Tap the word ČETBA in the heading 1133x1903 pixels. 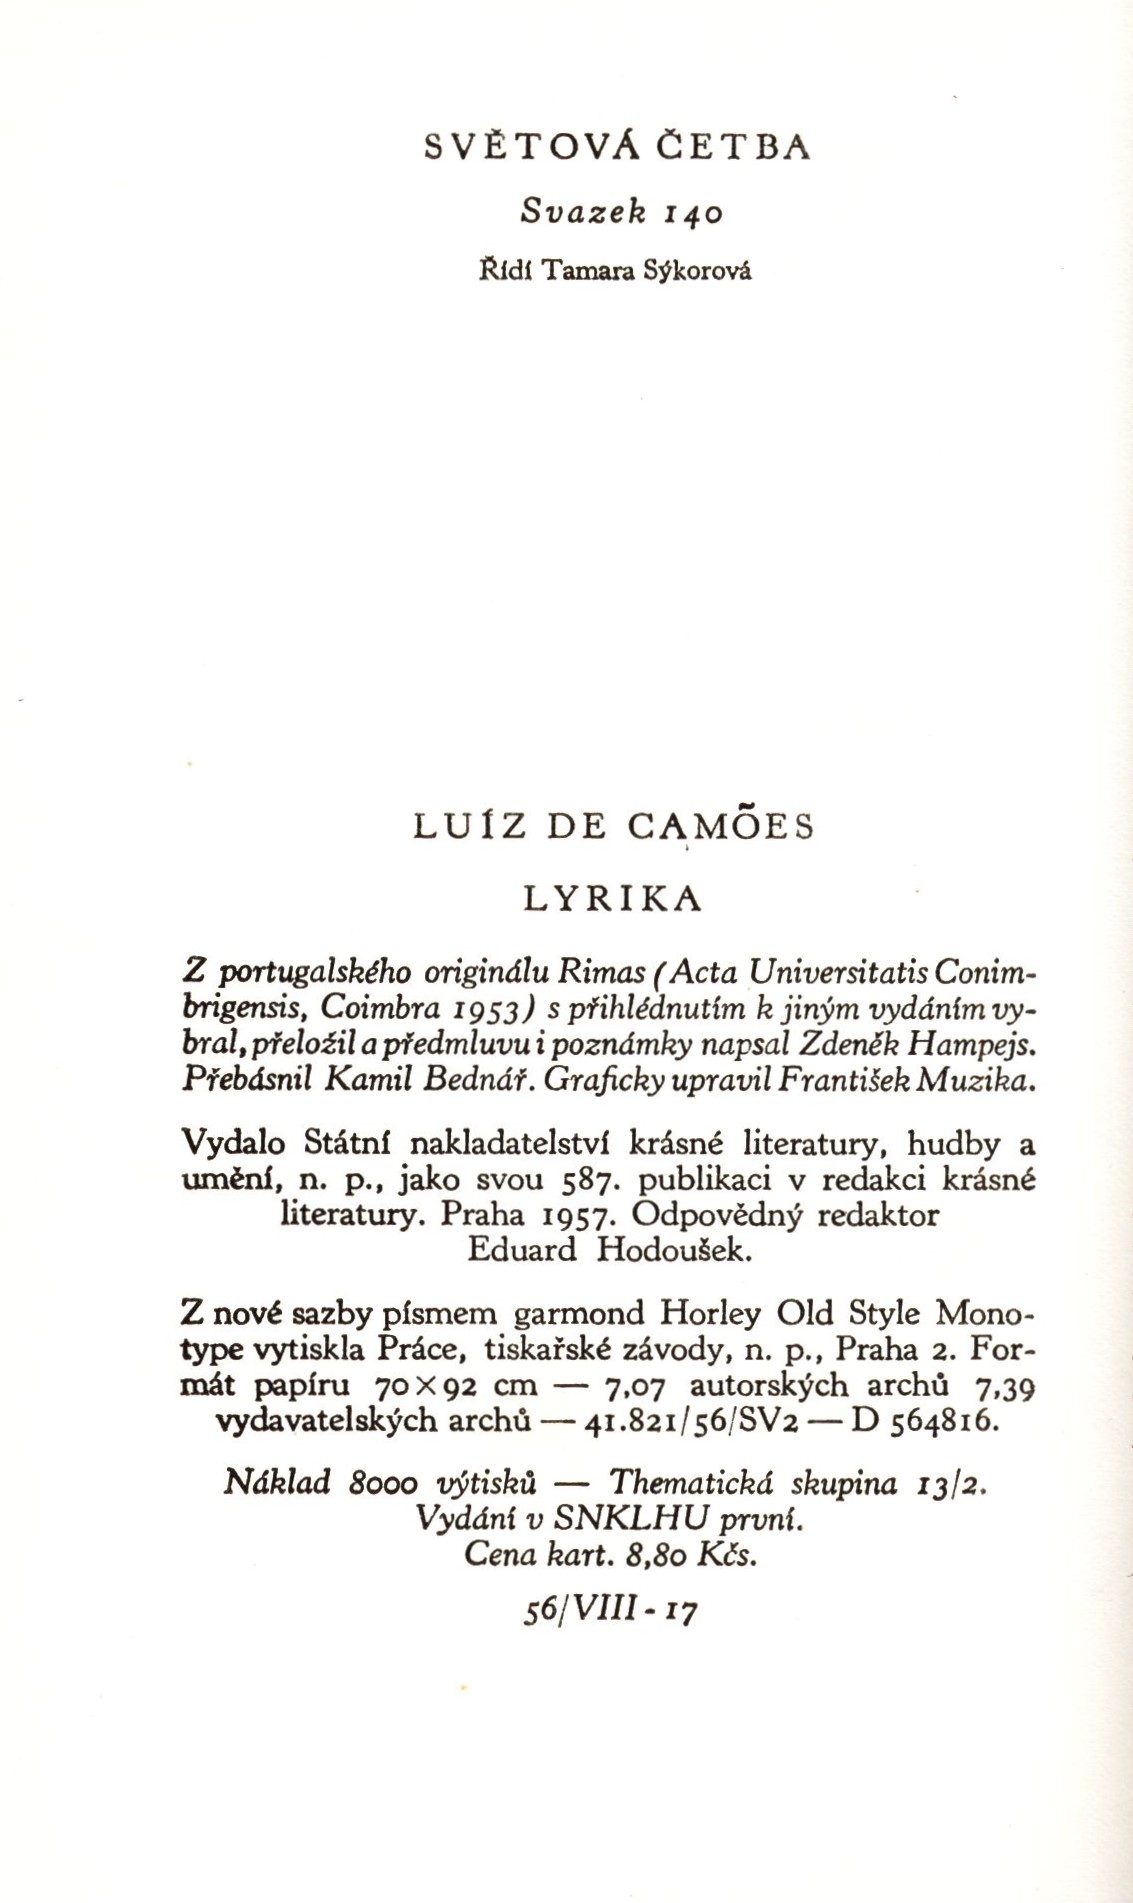[732, 147]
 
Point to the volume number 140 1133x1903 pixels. [692, 213]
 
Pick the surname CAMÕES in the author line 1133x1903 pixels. [722, 827]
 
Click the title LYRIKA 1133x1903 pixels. [614, 899]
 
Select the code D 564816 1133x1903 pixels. [924, 1421]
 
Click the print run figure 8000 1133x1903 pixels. [384, 1483]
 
